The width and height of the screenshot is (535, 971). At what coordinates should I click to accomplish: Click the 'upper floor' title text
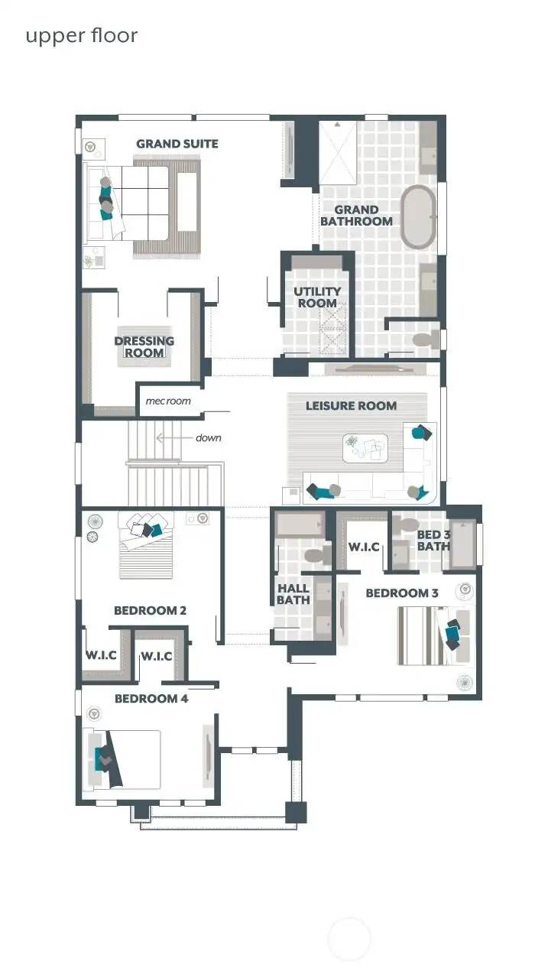[81, 36]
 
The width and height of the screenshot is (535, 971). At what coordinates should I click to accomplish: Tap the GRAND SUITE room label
[177, 144]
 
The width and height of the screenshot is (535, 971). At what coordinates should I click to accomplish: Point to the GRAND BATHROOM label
[356, 216]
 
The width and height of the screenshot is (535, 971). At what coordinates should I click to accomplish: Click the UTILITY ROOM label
[317, 297]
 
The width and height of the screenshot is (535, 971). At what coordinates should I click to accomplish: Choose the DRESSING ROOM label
[144, 346]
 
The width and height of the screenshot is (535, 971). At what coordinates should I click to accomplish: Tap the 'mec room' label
[168, 401]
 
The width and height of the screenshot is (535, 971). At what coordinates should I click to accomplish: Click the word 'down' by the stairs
[209, 438]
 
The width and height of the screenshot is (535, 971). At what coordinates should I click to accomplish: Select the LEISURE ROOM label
[351, 405]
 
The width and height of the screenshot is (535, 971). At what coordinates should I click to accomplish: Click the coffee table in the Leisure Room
[365, 448]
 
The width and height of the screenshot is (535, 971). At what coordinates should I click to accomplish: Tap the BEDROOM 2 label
[150, 610]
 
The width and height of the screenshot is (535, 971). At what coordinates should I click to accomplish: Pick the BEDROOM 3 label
[402, 593]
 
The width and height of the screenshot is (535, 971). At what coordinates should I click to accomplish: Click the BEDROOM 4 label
[151, 698]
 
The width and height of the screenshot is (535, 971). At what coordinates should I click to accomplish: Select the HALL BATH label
[293, 594]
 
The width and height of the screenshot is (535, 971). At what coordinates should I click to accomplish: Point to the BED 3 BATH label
[433, 541]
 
